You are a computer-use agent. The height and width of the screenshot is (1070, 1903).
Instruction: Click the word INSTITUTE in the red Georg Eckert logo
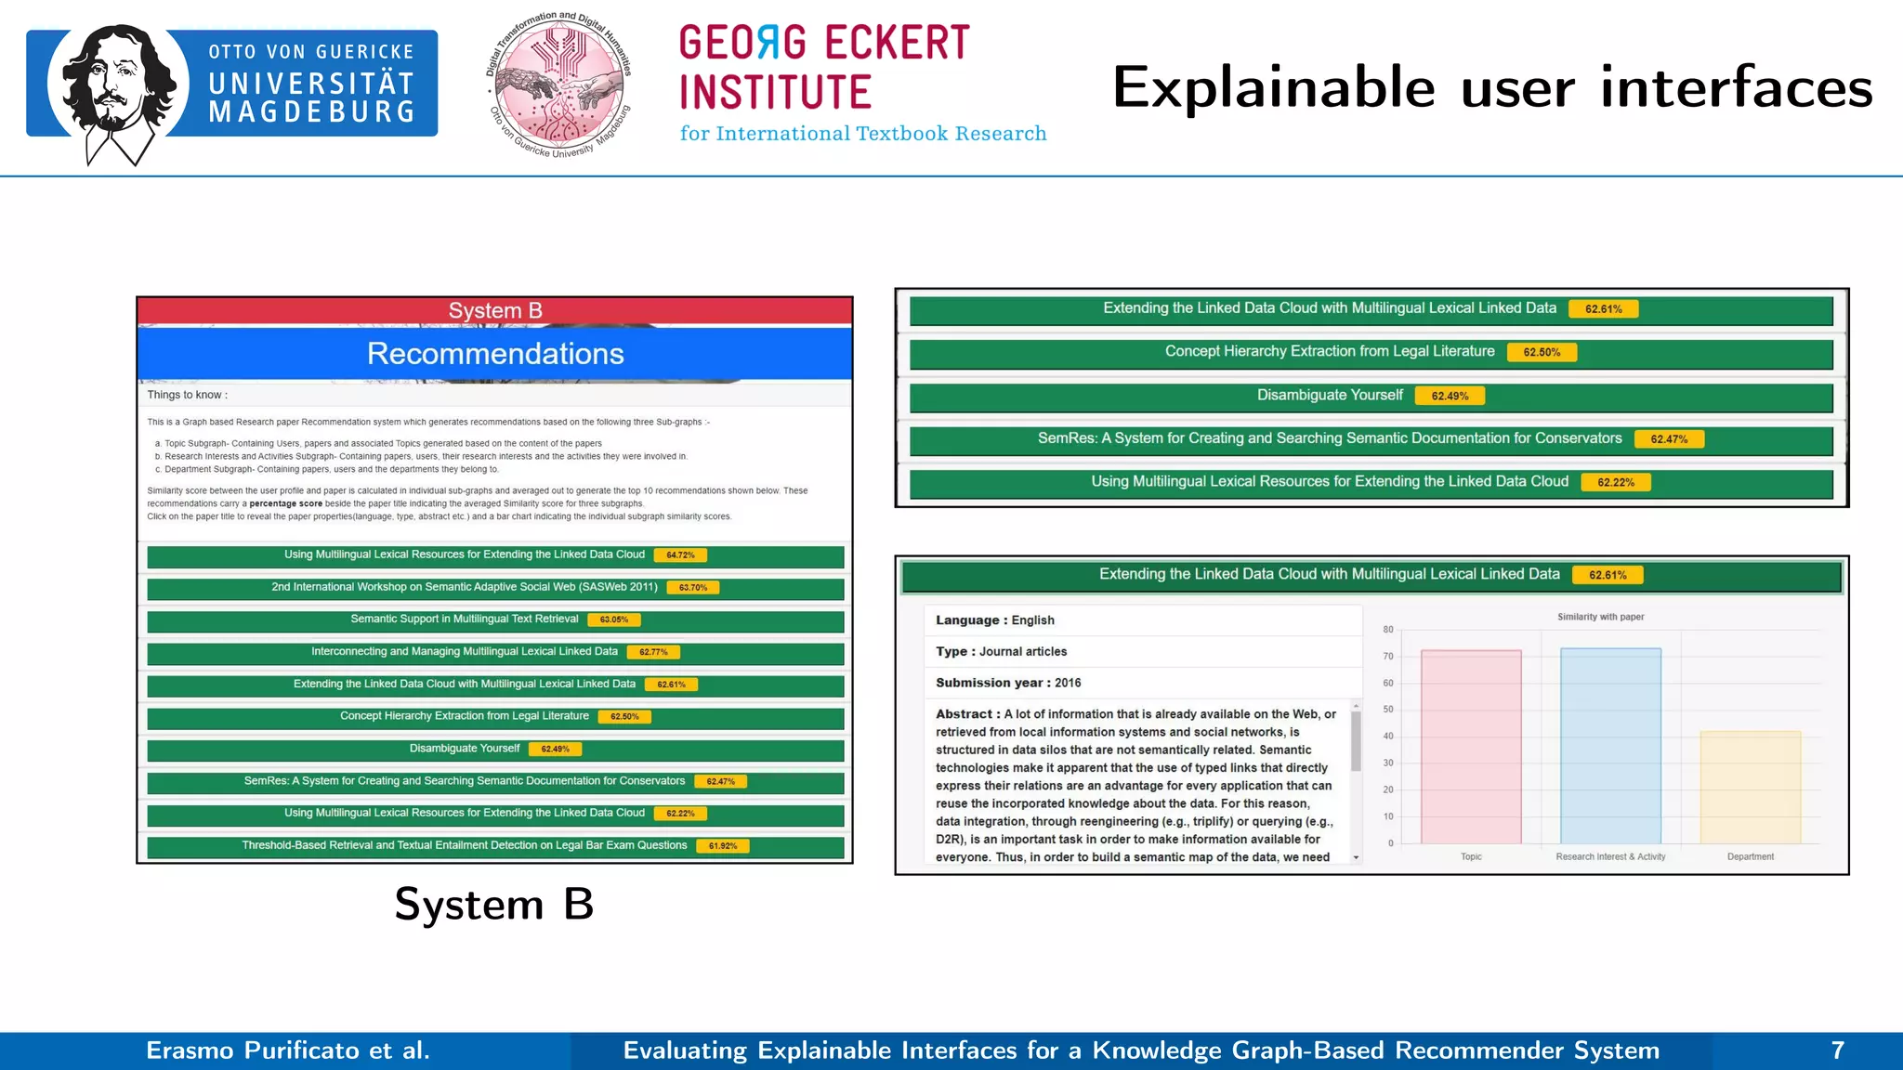coord(775,93)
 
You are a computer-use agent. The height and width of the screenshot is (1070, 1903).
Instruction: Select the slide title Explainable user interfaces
coord(1492,87)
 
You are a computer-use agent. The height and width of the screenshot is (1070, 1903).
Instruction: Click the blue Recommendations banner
coord(494,354)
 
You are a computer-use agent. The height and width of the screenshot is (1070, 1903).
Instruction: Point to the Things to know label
coord(187,395)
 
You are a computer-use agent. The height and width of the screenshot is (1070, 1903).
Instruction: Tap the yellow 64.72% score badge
coord(680,555)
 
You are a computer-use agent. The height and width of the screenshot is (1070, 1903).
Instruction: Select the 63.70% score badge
coord(693,588)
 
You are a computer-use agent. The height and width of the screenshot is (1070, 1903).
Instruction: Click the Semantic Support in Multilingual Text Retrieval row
coord(465,620)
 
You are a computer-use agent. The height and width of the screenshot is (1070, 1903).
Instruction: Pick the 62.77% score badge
coord(653,652)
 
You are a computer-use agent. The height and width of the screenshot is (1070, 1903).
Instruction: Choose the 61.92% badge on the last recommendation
coord(722,846)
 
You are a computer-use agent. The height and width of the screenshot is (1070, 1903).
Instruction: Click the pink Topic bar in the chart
coord(1471,747)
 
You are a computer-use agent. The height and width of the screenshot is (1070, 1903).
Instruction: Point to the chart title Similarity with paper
coord(1601,617)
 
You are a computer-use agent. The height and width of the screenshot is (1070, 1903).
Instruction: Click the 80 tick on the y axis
coord(1388,630)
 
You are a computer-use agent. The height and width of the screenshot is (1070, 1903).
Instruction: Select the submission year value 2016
coord(1068,683)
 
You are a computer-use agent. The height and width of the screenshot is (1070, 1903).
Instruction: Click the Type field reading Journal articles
coord(1002,652)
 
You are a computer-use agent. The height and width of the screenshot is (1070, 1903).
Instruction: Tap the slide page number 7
coord(1837,1050)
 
